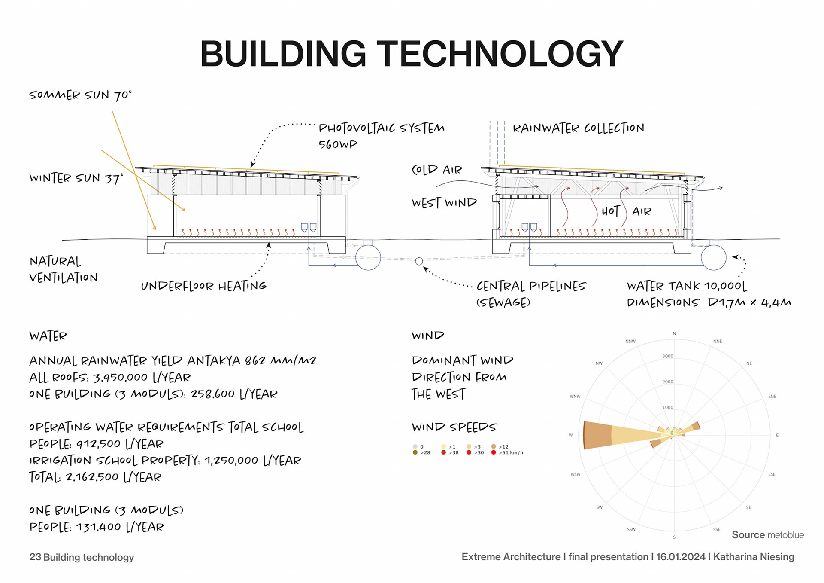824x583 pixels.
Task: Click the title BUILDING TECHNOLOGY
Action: click(411, 54)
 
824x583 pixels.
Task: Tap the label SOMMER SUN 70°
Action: click(80, 95)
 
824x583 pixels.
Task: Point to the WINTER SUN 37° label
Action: click(76, 178)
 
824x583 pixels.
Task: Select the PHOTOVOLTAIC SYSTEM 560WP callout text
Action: click(381, 136)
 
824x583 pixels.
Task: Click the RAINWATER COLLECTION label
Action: click(578, 128)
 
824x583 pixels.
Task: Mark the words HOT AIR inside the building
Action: click(626, 211)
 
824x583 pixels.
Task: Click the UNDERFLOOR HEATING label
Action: click(203, 286)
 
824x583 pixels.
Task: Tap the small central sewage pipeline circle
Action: click(419, 261)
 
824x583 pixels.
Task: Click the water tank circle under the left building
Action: click(368, 257)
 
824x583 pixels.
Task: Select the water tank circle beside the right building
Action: click(713, 257)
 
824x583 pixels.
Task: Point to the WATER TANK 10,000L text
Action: click(687, 286)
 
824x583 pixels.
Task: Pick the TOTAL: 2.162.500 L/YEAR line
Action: click(95, 477)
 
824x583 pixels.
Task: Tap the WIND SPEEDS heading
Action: click(454, 427)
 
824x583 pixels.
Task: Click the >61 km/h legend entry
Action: click(508, 453)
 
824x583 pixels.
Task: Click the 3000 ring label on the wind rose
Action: click(668, 356)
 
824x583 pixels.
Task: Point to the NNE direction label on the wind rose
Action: click(718, 341)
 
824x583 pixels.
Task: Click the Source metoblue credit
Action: click(767, 535)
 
